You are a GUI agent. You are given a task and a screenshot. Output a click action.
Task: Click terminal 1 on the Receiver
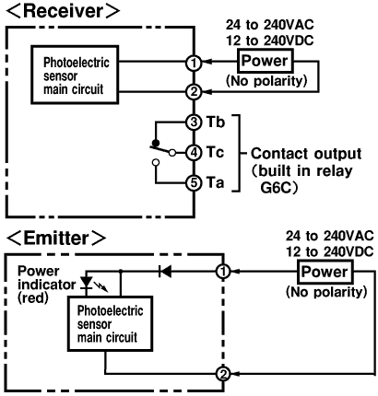click(x=194, y=64)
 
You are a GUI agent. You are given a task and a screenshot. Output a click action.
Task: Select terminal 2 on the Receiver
click(x=194, y=92)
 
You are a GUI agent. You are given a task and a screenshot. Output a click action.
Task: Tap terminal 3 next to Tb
click(x=194, y=122)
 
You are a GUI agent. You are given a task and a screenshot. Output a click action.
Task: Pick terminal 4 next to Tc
click(x=194, y=153)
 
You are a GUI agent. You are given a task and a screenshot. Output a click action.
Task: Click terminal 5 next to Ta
click(x=194, y=183)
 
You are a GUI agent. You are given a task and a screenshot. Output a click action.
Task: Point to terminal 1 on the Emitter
click(x=223, y=272)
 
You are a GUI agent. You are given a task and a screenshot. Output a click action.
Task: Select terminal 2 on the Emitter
click(x=223, y=374)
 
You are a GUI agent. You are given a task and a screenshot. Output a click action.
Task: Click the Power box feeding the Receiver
click(x=265, y=61)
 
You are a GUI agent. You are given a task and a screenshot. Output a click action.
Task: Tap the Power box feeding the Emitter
click(x=325, y=272)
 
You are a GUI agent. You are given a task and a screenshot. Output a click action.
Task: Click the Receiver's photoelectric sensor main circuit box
click(x=75, y=76)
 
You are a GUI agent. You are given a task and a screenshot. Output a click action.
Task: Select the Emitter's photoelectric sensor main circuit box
click(x=110, y=323)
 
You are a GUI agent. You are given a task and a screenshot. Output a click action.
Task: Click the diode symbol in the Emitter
click(x=165, y=272)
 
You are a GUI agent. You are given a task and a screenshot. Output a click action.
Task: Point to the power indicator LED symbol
click(x=87, y=283)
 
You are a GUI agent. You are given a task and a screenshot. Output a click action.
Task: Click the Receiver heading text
click(x=63, y=11)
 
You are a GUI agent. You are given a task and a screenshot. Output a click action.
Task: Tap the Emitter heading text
click(x=56, y=238)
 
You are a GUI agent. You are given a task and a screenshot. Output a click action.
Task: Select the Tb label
click(x=216, y=122)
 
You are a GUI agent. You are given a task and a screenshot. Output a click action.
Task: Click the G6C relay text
click(x=276, y=188)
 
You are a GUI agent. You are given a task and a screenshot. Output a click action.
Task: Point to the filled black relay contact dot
click(x=156, y=143)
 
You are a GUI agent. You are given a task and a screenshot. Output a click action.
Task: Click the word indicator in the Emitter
click(x=47, y=285)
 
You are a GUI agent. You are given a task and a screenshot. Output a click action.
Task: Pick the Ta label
click(x=215, y=182)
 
